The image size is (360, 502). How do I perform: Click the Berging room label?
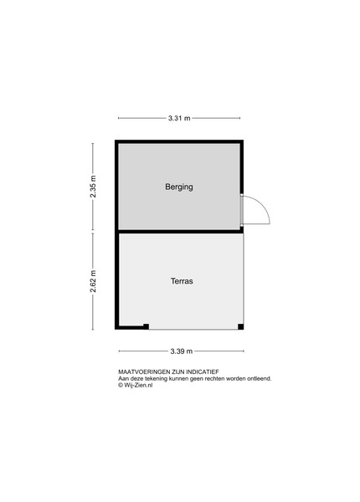coord(179,187)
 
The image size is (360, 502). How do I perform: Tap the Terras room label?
coord(182,281)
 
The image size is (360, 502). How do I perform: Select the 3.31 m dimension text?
coord(179,118)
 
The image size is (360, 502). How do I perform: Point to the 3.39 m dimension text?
coord(182,351)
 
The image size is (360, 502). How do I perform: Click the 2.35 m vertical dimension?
coord(93,187)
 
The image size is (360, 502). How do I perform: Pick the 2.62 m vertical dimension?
coord(93,281)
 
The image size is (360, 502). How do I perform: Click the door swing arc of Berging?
coord(261,205)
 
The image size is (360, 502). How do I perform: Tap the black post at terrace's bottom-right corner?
coord(240,326)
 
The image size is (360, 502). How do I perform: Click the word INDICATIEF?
coord(203,372)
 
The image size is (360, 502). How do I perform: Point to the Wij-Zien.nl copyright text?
coord(135,385)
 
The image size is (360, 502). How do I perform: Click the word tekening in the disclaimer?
coord(156,378)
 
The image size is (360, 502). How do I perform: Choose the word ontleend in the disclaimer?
coord(260,378)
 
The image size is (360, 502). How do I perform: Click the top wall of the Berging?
coord(179,141)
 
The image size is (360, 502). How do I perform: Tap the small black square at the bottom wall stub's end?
coord(146,326)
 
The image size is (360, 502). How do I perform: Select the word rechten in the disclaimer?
coord(215,378)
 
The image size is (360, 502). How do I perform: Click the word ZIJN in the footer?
coord(178,372)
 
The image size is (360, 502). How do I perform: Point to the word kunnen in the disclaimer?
coord(178,378)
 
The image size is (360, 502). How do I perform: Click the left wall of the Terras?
coord(117,280)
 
